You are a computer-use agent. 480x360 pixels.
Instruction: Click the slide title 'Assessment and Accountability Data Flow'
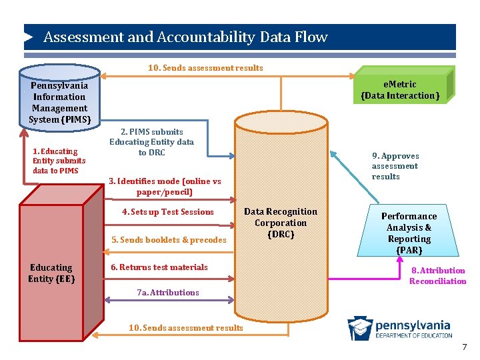click(185, 37)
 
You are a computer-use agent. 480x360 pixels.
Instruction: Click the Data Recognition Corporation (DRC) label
click(281, 223)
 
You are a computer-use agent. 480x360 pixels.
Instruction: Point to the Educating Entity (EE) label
click(51, 273)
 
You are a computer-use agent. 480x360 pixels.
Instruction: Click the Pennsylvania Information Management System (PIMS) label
click(59, 103)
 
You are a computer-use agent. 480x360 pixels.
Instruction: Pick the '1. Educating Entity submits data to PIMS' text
click(59, 161)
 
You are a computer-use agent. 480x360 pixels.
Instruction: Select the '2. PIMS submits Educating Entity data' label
click(151, 142)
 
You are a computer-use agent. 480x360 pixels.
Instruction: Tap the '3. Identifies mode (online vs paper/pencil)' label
click(165, 187)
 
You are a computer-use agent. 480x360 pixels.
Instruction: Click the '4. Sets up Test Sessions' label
click(167, 212)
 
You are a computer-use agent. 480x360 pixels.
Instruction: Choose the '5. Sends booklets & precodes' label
click(169, 240)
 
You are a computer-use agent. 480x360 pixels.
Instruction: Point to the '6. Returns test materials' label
click(159, 267)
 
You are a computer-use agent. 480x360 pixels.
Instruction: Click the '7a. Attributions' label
click(167, 292)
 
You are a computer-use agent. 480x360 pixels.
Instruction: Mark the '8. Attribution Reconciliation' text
click(437, 275)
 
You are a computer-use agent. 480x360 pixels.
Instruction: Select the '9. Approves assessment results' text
click(395, 166)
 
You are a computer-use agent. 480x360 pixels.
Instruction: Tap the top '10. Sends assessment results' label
click(205, 67)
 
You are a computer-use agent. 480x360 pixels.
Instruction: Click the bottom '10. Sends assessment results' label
click(186, 327)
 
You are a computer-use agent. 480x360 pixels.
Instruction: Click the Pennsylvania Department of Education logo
click(399, 328)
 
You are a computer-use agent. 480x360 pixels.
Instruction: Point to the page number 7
click(465, 347)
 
